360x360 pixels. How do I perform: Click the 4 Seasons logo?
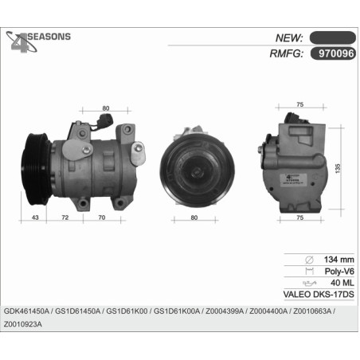click(x=38, y=41)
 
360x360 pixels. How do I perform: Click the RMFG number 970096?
click(x=336, y=53)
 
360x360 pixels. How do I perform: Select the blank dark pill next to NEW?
click(x=333, y=37)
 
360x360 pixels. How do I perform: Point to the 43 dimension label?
click(x=35, y=217)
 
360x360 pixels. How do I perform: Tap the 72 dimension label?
click(x=65, y=217)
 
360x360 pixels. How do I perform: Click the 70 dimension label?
click(x=102, y=217)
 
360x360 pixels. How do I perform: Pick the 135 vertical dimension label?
click(x=338, y=169)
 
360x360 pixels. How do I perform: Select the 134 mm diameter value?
click(x=338, y=260)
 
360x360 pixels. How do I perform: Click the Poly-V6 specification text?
click(x=339, y=272)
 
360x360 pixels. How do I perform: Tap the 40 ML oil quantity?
click(x=342, y=283)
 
